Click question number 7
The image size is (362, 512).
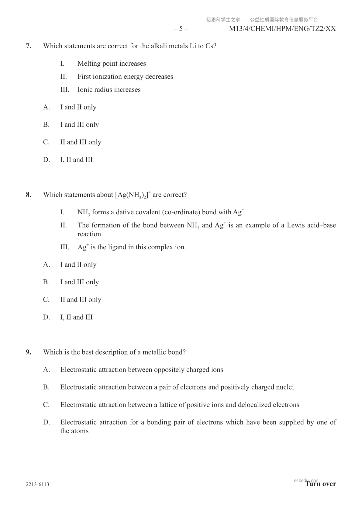[29, 46]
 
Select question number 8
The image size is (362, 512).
[29, 195]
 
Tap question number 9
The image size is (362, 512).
[29, 352]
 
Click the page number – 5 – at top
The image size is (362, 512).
[181, 29]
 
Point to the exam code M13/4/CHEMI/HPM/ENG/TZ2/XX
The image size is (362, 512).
[282, 29]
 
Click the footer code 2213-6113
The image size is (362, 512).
[37, 484]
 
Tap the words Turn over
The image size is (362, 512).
[321, 484]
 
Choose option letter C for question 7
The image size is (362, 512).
[46, 142]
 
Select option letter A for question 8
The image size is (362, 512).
[46, 265]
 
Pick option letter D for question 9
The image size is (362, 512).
[46, 422]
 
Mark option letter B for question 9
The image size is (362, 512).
[46, 387]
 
